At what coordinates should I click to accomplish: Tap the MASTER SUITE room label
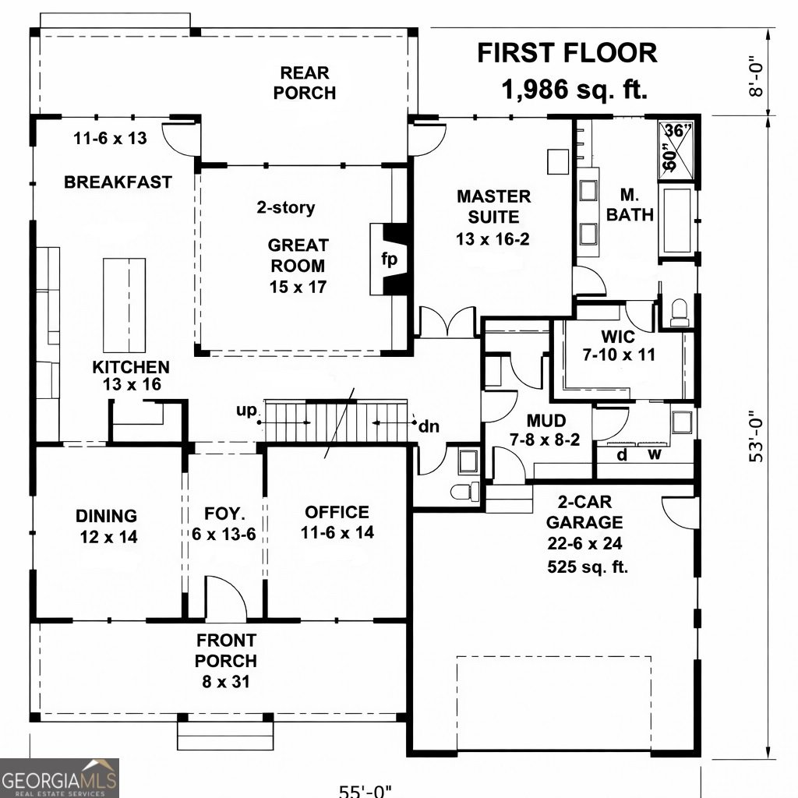click(x=493, y=217)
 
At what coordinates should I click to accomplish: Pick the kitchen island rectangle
click(x=125, y=305)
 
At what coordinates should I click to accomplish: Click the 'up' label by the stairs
click(x=247, y=411)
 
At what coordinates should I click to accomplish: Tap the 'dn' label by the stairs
click(x=429, y=426)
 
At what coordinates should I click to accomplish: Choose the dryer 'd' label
click(x=622, y=454)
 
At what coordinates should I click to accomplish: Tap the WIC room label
click(x=617, y=338)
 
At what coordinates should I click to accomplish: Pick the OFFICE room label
click(x=337, y=512)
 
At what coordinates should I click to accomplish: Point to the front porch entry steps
click(x=225, y=733)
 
